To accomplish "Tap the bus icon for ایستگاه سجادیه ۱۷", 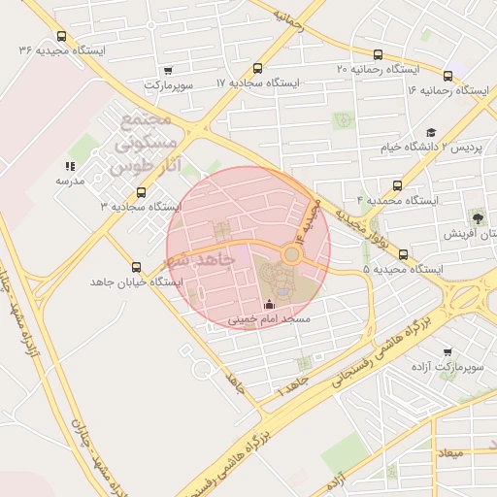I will pos(257,69).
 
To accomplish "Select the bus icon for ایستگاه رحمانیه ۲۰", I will pos(378,55).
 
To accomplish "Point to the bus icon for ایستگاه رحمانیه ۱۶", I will pos(447,75).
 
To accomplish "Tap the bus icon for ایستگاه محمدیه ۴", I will pos(397,185).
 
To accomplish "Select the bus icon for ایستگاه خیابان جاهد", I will pos(135,268).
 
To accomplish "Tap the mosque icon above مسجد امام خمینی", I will pos(269,305).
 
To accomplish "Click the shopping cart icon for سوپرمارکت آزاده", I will pos(447,353).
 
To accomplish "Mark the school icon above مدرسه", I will pos(69,167).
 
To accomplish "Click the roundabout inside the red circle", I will pos(291,254).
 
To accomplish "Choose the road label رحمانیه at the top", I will pos(288,19).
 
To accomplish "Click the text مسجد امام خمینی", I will pos(269,318).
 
